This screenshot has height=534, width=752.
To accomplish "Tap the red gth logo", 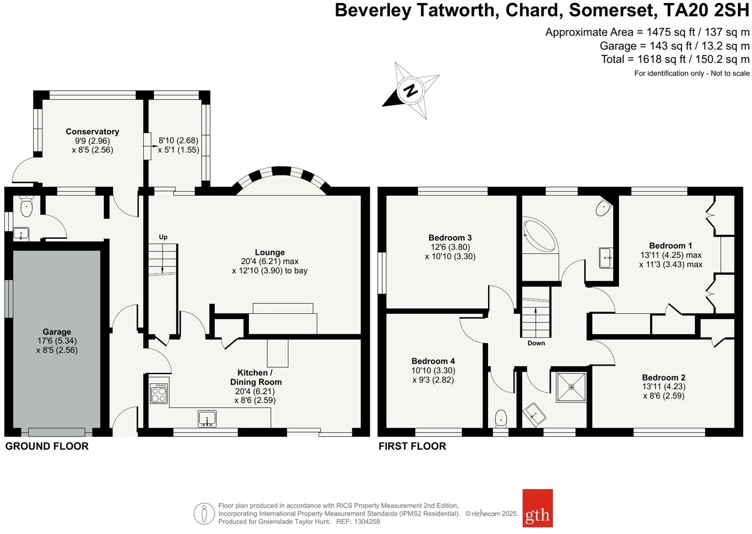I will (537, 508).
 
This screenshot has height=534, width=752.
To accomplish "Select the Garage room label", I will (56, 332).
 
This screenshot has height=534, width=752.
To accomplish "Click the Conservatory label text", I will (92, 132).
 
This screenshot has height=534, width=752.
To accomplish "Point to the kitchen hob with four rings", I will (159, 393).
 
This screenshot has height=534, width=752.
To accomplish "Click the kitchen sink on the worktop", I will (207, 419).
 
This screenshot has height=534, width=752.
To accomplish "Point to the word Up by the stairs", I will (163, 237).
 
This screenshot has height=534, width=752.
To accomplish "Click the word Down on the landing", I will (536, 343).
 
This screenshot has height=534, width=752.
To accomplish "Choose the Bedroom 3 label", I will (450, 238).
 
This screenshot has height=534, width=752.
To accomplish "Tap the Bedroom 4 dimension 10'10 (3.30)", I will (433, 370).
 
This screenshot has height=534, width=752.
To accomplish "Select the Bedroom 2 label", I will (663, 378).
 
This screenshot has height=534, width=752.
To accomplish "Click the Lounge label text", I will (269, 252).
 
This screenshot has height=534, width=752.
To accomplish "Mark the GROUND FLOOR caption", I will (47, 446).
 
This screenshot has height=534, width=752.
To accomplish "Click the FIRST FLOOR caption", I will (412, 446).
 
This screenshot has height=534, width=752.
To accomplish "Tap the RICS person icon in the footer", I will (204, 514).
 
